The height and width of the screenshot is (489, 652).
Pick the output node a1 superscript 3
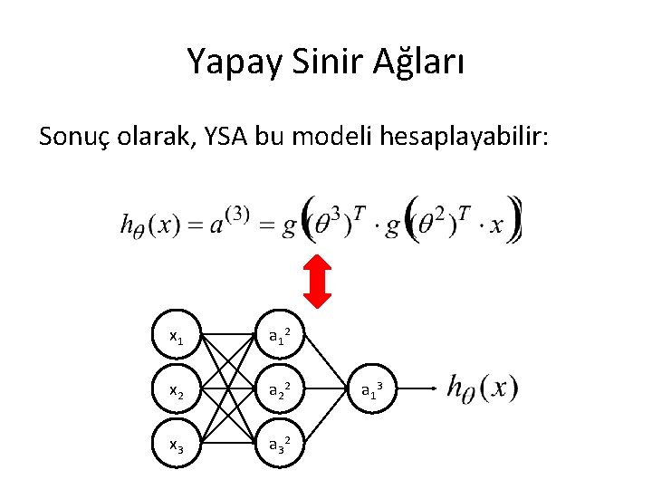pos(371,389)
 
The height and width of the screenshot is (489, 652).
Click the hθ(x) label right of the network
pos(483,388)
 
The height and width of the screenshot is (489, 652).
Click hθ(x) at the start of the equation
pos(153,224)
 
